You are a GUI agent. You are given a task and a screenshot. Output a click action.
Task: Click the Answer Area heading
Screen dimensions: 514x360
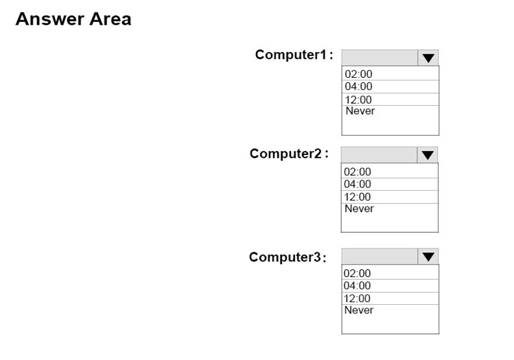(x=73, y=19)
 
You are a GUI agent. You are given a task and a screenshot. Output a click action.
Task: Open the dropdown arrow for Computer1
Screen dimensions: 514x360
(x=428, y=58)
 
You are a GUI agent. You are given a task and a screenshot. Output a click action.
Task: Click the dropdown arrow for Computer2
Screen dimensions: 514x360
(x=427, y=155)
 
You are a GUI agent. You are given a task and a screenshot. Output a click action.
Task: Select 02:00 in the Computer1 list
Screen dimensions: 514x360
(x=358, y=74)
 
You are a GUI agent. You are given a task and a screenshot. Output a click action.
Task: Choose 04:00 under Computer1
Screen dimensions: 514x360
(x=358, y=86)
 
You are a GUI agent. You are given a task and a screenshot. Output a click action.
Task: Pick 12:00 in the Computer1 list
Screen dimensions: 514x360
(x=358, y=99)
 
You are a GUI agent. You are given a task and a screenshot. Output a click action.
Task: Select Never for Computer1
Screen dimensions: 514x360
(x=360, y=111)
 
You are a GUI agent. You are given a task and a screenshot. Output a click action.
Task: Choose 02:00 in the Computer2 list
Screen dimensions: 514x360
(x=357, y=172)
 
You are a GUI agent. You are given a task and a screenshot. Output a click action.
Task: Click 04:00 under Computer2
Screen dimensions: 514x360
(x=357, y=184)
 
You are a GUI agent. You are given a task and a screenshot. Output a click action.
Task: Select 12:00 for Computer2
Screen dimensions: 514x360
(x=357, y=197)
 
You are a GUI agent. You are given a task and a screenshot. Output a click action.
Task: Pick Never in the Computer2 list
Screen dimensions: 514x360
(x=359, y=208)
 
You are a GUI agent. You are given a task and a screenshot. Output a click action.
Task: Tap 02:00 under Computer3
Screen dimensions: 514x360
(x=357, y=273)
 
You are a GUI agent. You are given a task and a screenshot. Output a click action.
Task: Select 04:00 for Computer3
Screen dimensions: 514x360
(x=357, y=285)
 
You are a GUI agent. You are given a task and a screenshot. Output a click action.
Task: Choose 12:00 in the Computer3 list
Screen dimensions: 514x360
(x=357, y=298)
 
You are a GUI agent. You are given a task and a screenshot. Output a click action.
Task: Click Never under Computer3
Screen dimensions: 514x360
(x=358, y=310)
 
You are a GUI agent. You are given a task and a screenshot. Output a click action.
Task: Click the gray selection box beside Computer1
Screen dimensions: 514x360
(x=380, y=58)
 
